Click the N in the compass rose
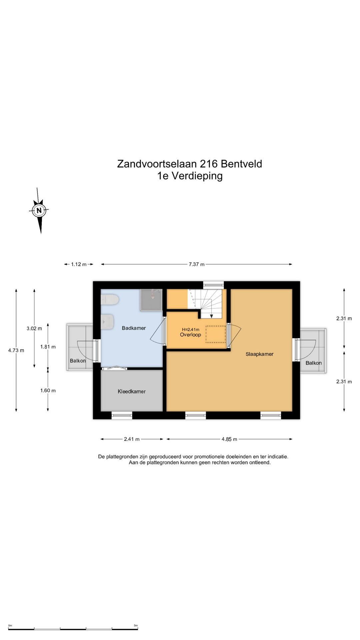click(39, 210)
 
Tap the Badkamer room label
click(134, 328)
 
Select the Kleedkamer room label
click(131, 391)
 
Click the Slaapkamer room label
click(259, 354)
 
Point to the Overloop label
click(190, 335)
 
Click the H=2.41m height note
click(190, 329)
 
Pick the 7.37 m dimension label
click(196, 264)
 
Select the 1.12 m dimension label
click(79, 264)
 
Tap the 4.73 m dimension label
click(16, 350)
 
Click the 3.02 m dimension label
click(34, 328)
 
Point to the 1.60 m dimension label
click(48, 390)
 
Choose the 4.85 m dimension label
click(229, 439)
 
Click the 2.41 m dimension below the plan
click(132, 439)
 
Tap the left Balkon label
click(78, 361)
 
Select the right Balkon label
click(313, 363)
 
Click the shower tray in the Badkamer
click(151, 300)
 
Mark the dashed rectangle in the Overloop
click(215, 334)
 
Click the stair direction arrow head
click(211, 316)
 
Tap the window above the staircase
click(213, 285)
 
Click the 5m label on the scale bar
click(136, 625)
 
